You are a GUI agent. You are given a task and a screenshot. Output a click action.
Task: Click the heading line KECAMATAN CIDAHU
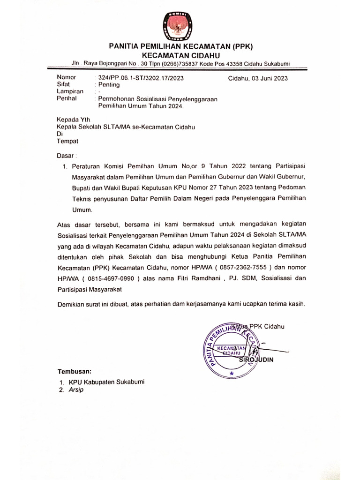tap(180, 55)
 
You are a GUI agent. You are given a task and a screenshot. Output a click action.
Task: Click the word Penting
tap(108, 85)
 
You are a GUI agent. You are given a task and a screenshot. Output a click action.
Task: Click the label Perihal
tap(67, 99)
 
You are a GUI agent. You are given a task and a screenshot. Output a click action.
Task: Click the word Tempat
tap(68, 141)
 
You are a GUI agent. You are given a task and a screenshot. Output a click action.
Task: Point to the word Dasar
tap(66, 155)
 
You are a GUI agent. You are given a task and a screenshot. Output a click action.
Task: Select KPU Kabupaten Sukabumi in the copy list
tap(107, 382)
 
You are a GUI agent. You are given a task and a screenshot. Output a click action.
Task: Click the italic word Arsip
tap(76, 390)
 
